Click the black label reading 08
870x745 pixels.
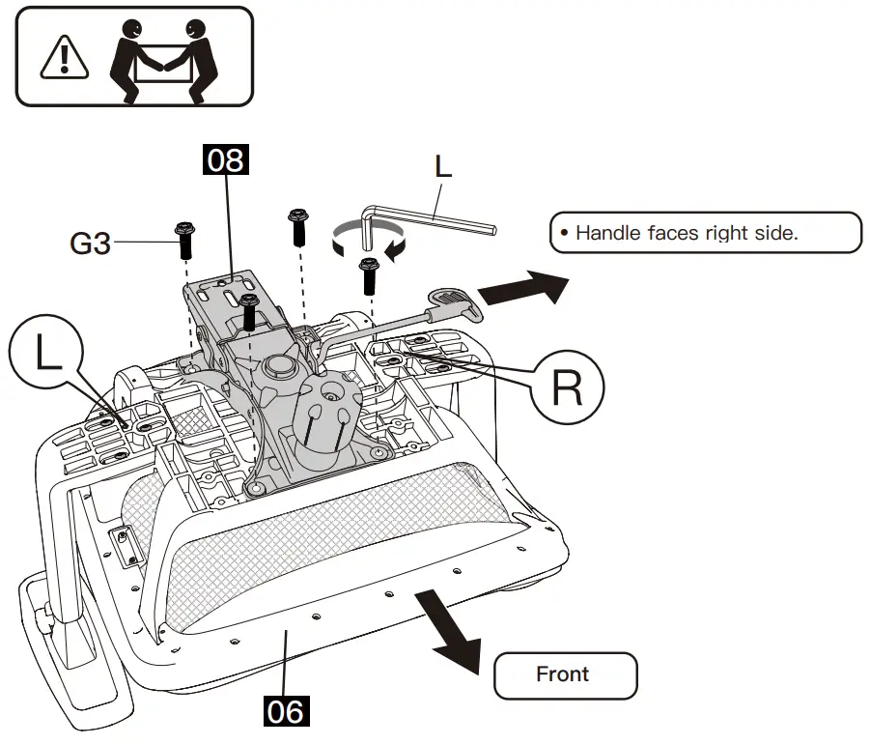(225, 159)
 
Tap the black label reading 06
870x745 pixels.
(286, 712)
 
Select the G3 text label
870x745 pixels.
(90, 244)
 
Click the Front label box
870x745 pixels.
(565, 674)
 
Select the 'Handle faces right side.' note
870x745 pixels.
(703, 233)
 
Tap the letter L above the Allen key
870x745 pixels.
(442, 166)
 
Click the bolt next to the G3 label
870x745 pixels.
(184, 239)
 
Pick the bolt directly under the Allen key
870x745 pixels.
(368, 275)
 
